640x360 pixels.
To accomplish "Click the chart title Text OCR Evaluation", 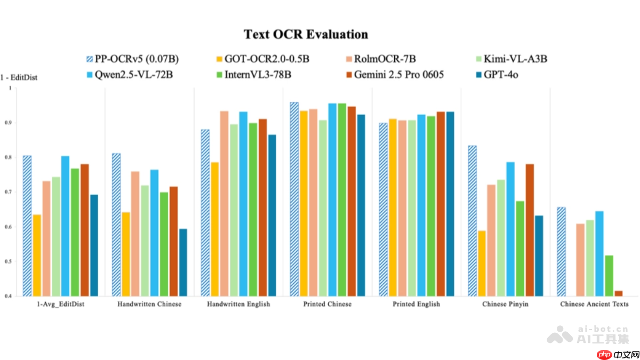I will [306, 35].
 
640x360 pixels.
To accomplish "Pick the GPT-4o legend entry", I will [499, 75].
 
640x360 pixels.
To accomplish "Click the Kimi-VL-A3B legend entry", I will [511, 59].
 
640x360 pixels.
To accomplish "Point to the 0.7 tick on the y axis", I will [8, 192].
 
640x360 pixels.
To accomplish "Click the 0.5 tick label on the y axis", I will [8, 261].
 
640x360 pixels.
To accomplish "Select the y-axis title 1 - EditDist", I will [19, 78].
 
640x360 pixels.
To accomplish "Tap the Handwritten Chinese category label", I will [149, 304].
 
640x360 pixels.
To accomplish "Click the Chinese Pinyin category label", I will [505, 304].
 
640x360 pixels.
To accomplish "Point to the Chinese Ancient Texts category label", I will [594, 304].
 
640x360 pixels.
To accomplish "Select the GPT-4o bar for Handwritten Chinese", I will [183, 262].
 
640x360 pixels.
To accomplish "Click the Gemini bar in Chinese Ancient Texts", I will [619, 293].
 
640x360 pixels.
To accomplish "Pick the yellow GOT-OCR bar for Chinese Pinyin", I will [482, 263].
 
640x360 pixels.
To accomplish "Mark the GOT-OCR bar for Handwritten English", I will [214, 229].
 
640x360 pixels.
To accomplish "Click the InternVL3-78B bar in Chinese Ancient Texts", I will [609, 276].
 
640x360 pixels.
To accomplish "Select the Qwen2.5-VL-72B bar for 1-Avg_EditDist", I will [65, 226].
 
